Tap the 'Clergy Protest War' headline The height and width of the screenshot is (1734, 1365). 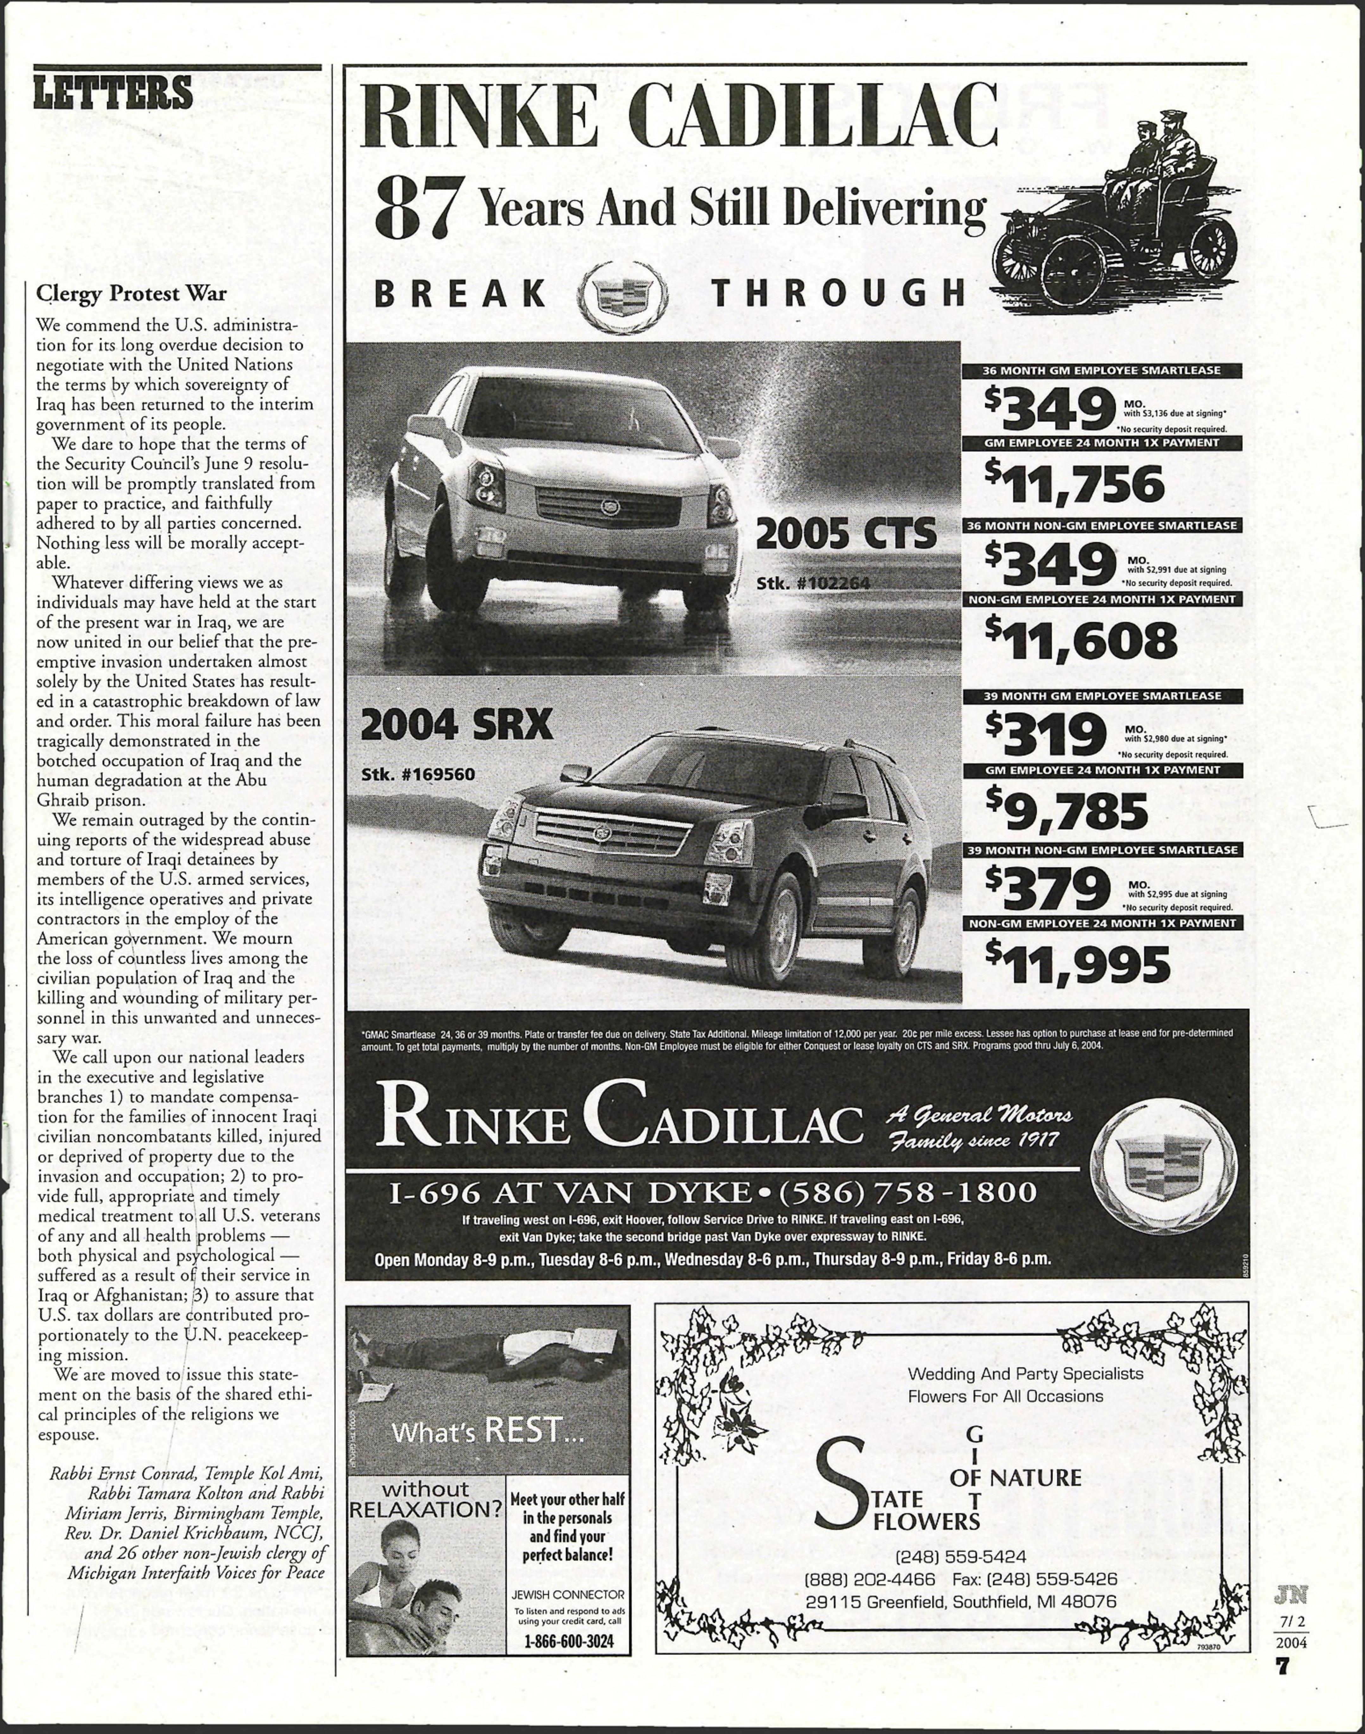click(131, 293)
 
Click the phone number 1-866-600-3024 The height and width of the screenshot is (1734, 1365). click(568, 1641)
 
